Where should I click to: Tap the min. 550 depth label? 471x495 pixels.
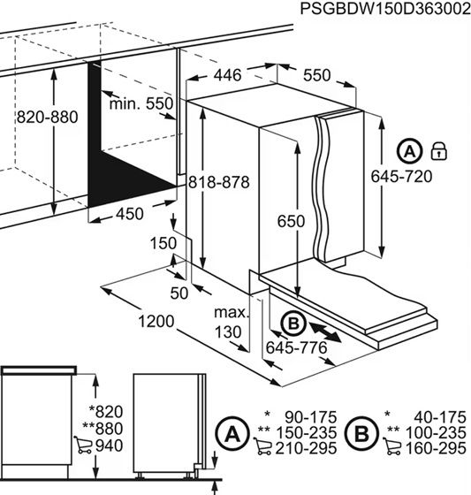coord(141,104)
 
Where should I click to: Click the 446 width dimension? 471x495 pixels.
coord(227,77)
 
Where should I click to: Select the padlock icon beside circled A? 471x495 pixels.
coord(439,149)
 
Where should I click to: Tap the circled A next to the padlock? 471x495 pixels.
coord(408,149)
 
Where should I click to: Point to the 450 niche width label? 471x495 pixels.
coord(129,214)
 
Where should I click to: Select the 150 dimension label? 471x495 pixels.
coord(163,243)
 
